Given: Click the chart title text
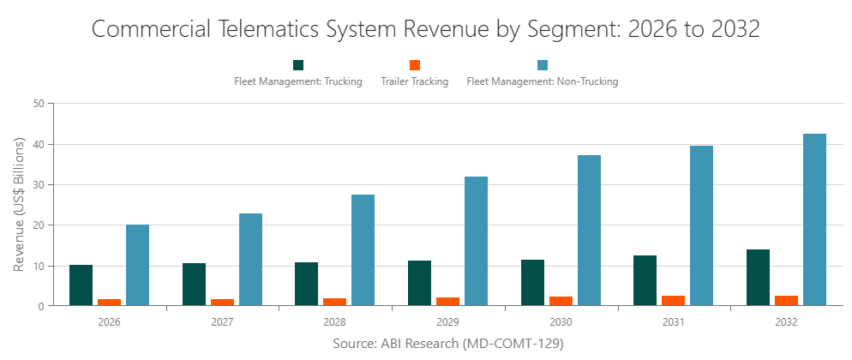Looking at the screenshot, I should point(425,28).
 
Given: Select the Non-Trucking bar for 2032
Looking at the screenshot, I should point(814,219).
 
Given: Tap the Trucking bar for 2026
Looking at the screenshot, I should point(81,285).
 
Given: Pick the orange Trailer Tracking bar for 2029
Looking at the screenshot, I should point(447,301).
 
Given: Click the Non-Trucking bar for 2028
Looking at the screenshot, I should point(363,249).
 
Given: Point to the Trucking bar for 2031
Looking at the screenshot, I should point(645,280).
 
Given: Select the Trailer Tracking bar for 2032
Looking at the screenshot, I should point(786,300).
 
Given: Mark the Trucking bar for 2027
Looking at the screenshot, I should point(194,284).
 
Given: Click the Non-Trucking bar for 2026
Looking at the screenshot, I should point(137,265).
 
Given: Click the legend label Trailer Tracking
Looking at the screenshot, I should point(414,82).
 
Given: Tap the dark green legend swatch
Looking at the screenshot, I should point(298,65).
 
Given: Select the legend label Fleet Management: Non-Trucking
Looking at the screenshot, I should point(542,82).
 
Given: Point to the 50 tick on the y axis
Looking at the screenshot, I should point(39,104).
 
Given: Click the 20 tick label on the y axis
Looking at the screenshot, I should point(39,225).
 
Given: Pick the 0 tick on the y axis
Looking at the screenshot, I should point(41,306).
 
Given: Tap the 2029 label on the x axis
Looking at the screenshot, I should point(447,323).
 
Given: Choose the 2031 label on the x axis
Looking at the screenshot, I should point(673,323).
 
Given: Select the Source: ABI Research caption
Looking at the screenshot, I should point(447,344).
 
